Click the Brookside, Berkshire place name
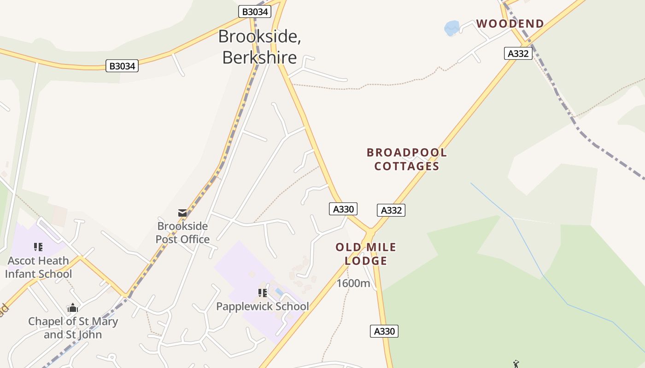pyautogui.click(x=260, y=47)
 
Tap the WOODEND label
pyautogui.click(x=510, y=24)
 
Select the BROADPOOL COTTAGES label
pyautogui.click(x=406, y=159)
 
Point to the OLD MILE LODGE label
pyautogui.click(x=366, y=254)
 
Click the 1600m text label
pyautogui.click(x=353, y=283)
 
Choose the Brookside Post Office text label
pyautogui.click(x=182, y=233)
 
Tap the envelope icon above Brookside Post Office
pyautogui.click(x=182, y=213)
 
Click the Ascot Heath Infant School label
pyautogui.click(x=39, y=267)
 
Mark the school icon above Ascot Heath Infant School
pyautogui.click(x=38, y=247)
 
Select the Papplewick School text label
pyautogui.click(x=263, y=306)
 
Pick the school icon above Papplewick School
pyautogui.click(x=263, y=293)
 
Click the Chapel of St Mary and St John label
pyautogui.click(x=73, y=328)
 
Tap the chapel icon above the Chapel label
pyautogui.click(x=73, y=308)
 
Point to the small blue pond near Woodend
pyautogui.click(x=452, y=28)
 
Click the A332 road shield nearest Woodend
pyautogui.click(x=518, y=53)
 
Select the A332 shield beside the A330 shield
pyautogui.click(x=391, y=210)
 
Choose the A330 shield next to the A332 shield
pyautogui.click(x=343, y=209)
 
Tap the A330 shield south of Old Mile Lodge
pyautogui.click(x=384, y=331)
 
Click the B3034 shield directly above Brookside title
pyautogui.click(x=254, y=11)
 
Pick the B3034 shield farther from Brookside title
pyautogui.click(x=122, y=66)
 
